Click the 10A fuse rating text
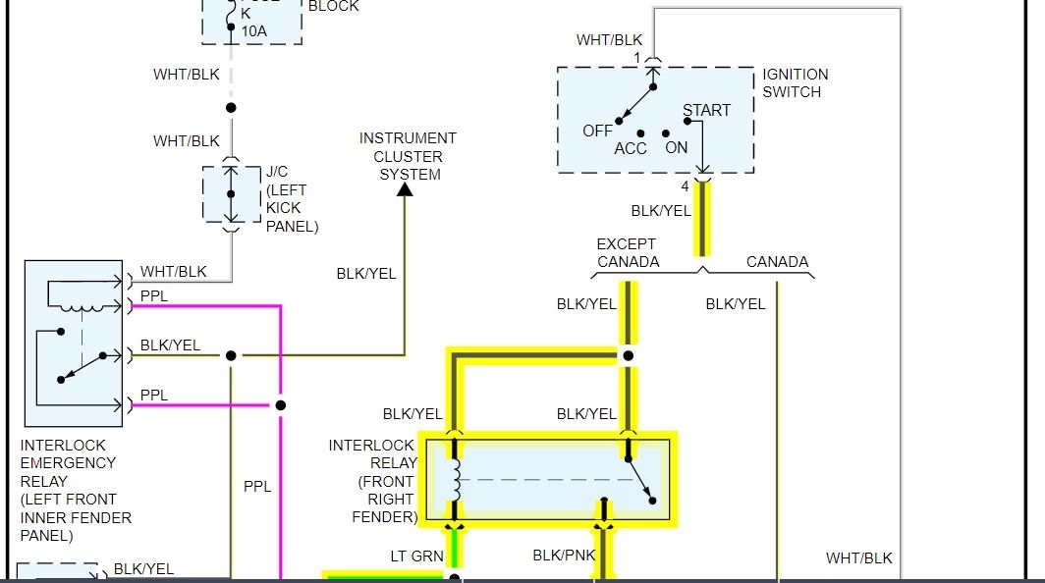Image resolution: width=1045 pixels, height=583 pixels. pyautogui.click(x=253, y=31)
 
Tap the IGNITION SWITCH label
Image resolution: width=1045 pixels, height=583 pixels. pyautogui.click(x=796, y=82)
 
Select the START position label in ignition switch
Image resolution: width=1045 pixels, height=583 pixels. pyautogui.click(x=706, y=110)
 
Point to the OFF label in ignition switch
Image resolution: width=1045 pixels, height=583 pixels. pyautogui.click(x=597, y=131)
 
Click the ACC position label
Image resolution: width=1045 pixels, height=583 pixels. pyautogui.click(x=631, y=148)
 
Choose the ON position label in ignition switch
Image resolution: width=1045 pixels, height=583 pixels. pyautogui.click(x=677, y=147)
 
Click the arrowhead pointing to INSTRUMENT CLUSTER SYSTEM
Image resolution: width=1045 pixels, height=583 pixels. pyautogui.click(x=405, y=189)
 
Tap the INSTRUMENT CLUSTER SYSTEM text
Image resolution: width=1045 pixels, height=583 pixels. pyautogui.click(x=408, y=156)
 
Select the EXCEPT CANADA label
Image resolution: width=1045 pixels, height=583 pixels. pyautogui.click(x=628, y=252)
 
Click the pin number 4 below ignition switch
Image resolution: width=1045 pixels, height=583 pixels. pyautogui.click(x=686, y=185)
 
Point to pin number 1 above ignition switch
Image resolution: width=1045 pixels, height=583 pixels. pyautogui.click(x=636, y=58)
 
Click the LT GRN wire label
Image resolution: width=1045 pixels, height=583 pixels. pyautogui.click(x=417, y=556)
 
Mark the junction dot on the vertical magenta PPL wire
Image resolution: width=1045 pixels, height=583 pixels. pyautogui.click(x=281, y=404)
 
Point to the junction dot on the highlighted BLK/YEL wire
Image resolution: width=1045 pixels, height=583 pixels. pyautogui.click(x=628, y=355)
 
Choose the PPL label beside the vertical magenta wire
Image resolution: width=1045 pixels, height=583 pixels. pyautogui.click(x=257, y=486)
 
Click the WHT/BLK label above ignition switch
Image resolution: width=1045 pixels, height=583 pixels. pyautogui.click(x=609, y=40)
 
